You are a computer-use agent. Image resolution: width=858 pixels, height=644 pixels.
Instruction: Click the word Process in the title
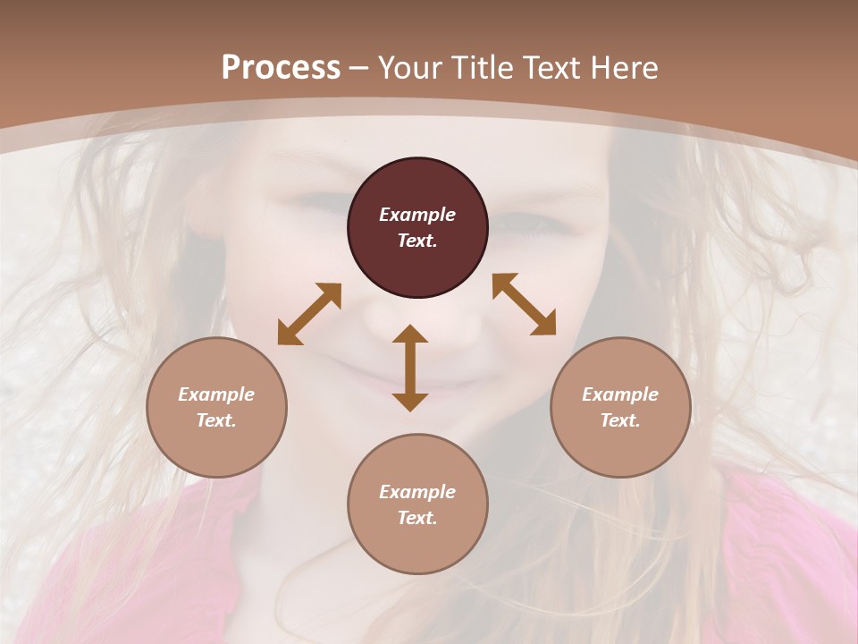point(281,68)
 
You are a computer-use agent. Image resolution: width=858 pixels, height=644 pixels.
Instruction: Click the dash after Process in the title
point(359,69)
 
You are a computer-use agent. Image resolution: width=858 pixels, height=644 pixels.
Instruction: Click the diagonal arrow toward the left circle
point(309,314)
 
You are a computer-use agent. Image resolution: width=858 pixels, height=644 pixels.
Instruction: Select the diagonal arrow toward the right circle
point(524,304)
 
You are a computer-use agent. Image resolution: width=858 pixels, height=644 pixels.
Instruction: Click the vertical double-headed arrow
point(410,368)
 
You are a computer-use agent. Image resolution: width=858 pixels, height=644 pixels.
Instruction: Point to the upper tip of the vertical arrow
point(410,327)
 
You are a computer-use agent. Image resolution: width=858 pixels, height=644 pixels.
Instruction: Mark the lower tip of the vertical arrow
point(410,409)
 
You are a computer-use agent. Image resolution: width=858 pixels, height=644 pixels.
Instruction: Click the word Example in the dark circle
point(417,215)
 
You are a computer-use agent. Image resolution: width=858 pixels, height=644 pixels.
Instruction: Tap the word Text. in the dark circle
point(417,241)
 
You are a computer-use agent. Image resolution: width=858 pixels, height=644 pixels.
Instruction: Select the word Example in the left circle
point(216,394)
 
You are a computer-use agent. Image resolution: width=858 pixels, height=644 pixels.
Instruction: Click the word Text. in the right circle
point(620,420)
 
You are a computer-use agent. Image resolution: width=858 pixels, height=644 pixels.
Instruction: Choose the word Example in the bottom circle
point(417,492)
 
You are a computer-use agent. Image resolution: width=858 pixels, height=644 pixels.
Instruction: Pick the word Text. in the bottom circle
point(417,518)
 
